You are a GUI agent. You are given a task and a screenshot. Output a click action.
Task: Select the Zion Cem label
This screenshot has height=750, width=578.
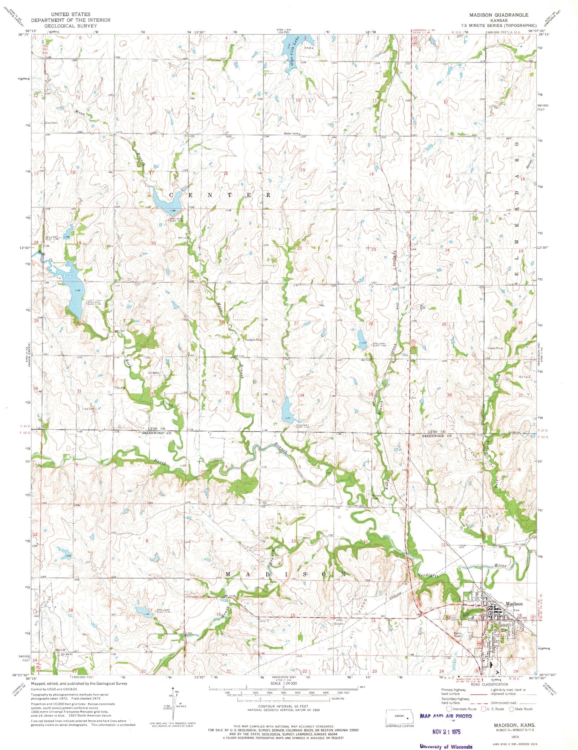[50, 123]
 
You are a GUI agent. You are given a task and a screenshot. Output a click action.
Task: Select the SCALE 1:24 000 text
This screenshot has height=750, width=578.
[283, 683]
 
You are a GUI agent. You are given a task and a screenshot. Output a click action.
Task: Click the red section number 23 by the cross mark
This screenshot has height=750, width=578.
[374, 249]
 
